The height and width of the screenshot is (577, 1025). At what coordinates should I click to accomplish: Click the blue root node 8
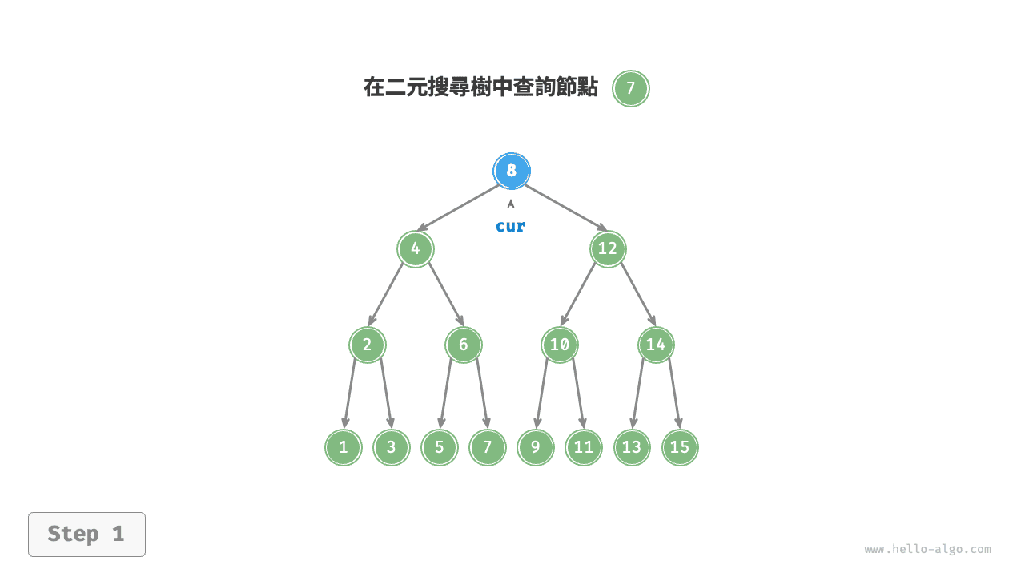coord(512,171)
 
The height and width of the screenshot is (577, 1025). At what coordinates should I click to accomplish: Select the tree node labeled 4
coord(416,248)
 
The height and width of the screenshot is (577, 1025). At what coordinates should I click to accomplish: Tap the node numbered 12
coord(608,248)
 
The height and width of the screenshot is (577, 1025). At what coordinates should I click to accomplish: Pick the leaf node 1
coord(344,447)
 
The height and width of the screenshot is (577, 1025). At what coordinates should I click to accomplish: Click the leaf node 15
coord(680,447)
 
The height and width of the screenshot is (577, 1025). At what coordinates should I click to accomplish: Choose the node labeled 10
coord(560,345)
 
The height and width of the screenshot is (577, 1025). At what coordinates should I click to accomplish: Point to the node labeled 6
coord(464,345)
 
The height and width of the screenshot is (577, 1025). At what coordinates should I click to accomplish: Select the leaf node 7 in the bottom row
coord(488,447)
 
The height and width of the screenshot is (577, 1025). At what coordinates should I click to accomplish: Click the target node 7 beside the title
coord(631,88)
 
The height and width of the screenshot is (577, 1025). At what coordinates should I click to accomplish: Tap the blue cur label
coord(511,226)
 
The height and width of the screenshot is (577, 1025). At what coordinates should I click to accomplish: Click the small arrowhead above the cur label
coord(511,204)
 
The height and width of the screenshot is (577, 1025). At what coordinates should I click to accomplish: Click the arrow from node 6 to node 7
coord(482,393)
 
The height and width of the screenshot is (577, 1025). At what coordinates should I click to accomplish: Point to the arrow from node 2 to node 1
coord(350,393)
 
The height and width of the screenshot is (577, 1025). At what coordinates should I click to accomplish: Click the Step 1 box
coord(86,534)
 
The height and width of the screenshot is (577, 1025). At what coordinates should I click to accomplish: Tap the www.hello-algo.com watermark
coord(927,550)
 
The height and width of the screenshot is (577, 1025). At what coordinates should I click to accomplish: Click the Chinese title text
coord(480,88)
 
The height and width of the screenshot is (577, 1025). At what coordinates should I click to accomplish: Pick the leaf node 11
coord(584,447)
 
